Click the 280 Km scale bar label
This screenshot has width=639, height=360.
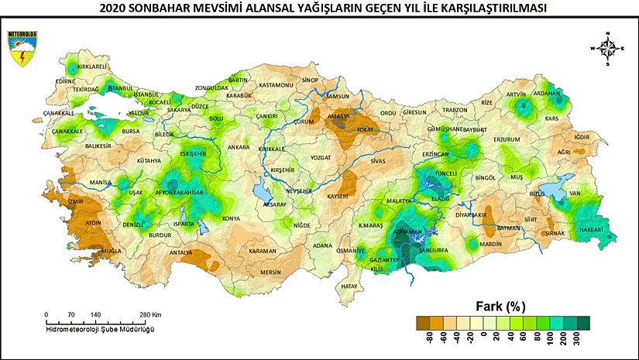tap(151, 314)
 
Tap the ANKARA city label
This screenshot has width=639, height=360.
tap(239, 147)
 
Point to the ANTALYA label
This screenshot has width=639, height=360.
tap(180, 252)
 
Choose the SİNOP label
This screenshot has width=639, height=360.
tap(311, 80)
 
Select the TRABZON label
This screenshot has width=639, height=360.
tap(455, 110)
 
